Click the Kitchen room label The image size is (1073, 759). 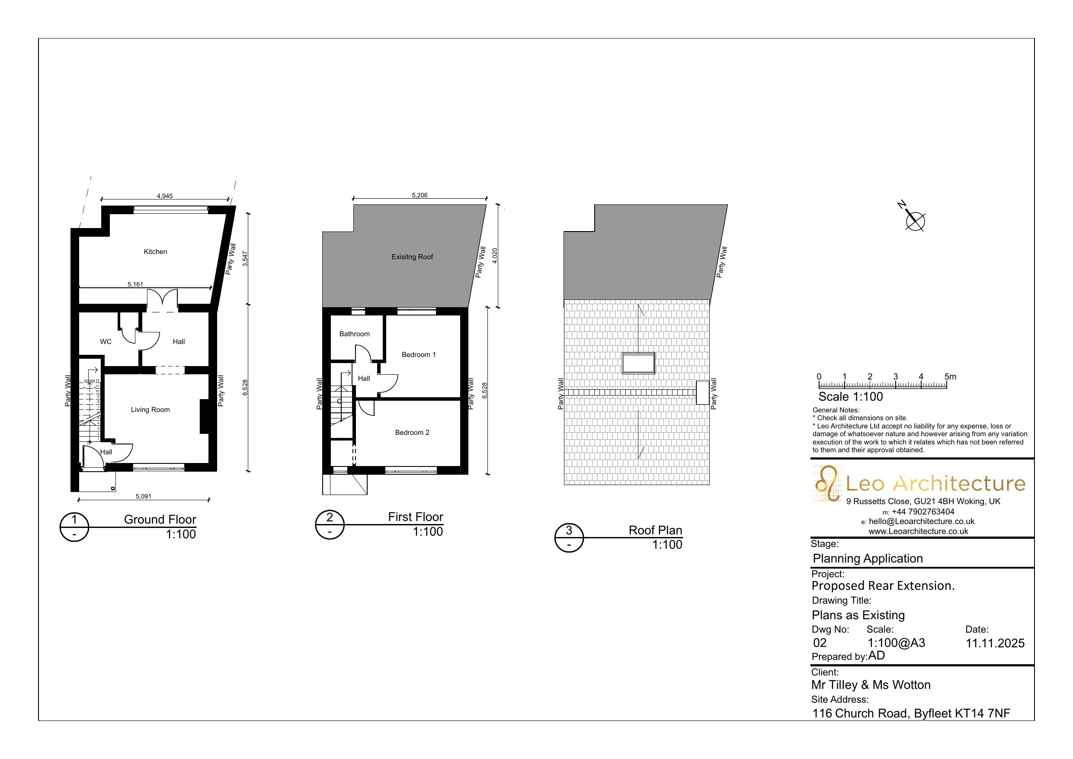155,251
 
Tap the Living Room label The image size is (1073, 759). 150,410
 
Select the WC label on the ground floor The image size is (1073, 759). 106,342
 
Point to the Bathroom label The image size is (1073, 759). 354,334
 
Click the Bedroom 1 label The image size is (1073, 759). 419,354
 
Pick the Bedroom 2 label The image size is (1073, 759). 412,433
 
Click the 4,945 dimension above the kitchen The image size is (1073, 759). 164,196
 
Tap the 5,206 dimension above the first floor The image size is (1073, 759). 420,196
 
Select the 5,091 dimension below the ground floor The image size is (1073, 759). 144,497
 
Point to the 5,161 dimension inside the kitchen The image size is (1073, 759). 135,284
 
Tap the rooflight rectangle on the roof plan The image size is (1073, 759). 638,363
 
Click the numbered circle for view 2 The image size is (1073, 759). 330,525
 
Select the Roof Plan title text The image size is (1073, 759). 655,531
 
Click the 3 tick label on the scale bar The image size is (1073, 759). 895,376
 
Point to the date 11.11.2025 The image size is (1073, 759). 995,643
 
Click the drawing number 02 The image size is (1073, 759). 820,643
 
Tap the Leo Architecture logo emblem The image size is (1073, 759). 828,483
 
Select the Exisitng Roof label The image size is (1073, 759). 412,257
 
